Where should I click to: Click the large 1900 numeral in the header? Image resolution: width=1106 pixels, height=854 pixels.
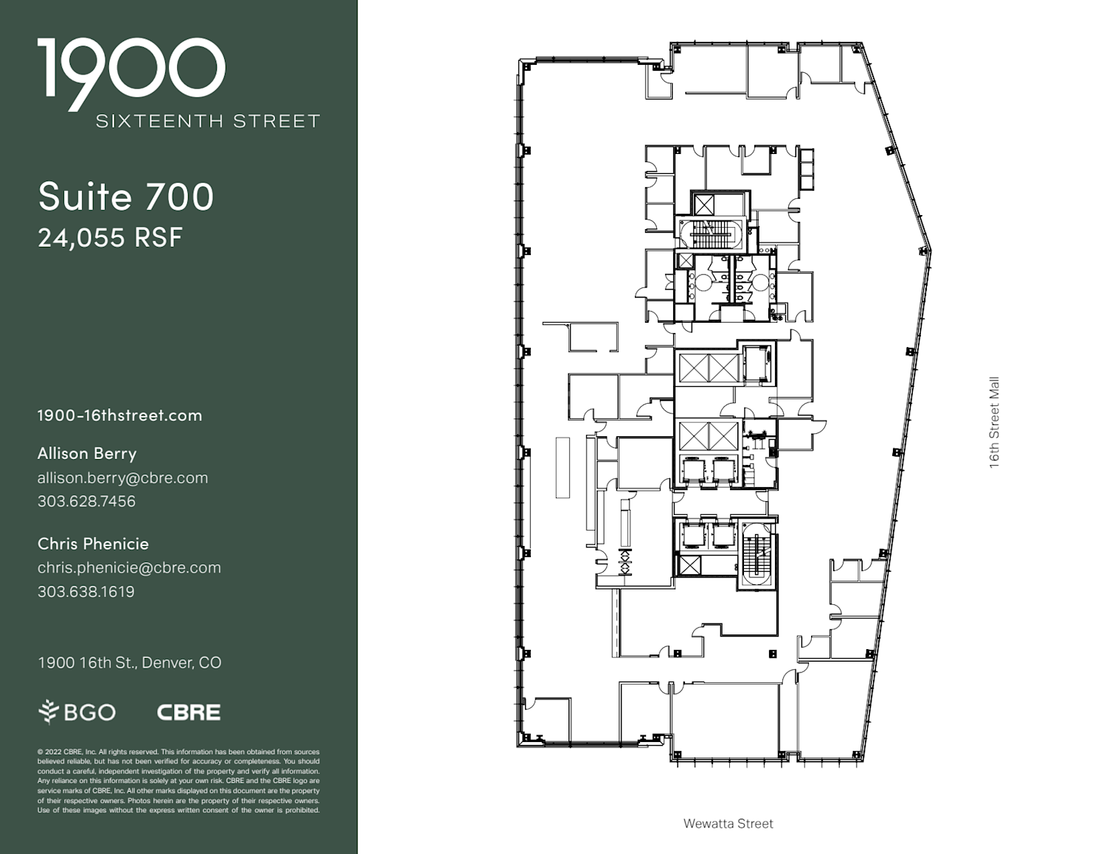[131, 74]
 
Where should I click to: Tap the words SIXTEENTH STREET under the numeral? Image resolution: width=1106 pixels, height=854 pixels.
[208, 122]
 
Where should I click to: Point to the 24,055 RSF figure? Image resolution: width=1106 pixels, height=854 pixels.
[110, 237]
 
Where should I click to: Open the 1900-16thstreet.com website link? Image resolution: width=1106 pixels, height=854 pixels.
[119, 416]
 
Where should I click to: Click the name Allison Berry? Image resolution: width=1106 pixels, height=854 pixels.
[87, 454]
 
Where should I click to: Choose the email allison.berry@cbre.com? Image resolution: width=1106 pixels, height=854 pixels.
[122, 478]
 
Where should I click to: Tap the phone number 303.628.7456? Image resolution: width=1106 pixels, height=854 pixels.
[86, 502]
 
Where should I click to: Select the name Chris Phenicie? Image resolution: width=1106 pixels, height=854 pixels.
[93, 544]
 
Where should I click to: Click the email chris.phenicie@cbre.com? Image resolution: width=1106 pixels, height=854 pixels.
[129, 567]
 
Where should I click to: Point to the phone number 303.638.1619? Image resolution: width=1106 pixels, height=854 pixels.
[86, 592]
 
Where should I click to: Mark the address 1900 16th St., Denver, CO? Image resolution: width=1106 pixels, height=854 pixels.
[130, 662]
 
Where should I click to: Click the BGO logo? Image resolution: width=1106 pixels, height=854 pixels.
[77, 712]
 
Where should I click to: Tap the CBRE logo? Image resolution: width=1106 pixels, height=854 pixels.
[189, 713]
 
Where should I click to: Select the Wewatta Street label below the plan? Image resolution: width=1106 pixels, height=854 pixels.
[728, 824]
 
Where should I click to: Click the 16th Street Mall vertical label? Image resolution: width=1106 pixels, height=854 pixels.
[994, 422]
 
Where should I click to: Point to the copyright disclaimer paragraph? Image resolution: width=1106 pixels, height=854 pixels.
[178, 781]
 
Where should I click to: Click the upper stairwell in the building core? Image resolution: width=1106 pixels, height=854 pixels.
[711, 234]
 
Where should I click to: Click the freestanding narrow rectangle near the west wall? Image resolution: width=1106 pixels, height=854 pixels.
[563, 467]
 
